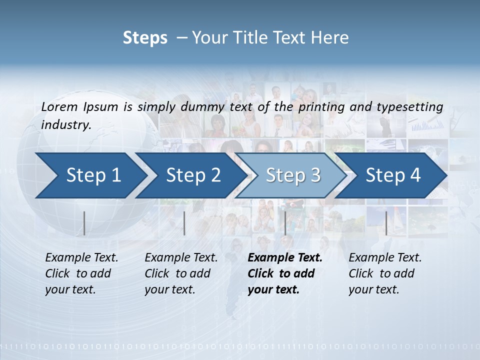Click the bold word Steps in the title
145,38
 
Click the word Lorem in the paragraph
59,106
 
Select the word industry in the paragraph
65,124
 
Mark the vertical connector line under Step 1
84,223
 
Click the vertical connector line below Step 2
184,223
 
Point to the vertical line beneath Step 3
285,223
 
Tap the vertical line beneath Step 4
386,223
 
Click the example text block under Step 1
81,273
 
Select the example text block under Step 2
181,273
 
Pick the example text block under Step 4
385,273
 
